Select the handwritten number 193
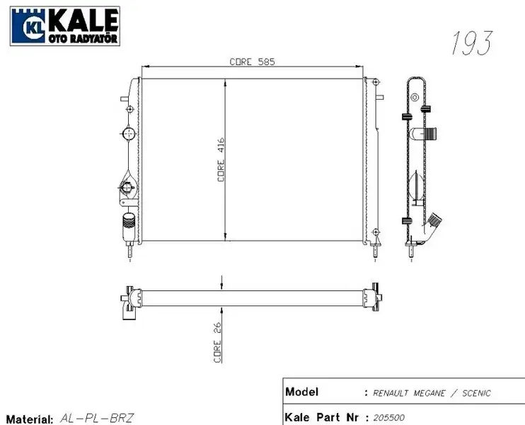[471, 44]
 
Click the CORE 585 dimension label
[252, 62]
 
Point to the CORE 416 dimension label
[221, 160]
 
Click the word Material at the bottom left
[28, 419]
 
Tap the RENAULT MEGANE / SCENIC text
[431, 393]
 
